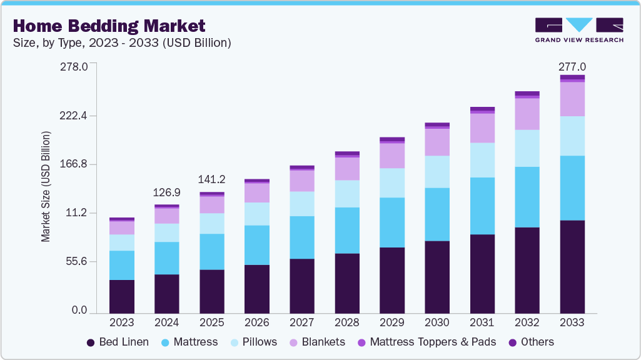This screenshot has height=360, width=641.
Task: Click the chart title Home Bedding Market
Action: (x=109, y=26)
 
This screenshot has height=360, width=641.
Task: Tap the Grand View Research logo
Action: (x=578, y=30)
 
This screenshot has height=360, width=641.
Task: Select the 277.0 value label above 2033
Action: (x=572, y=67)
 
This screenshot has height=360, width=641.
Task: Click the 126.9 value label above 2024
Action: (x=167, y=192)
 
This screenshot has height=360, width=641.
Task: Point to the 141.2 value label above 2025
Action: (x=212, y=179)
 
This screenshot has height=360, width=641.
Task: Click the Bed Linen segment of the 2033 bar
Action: (x=572, y=266)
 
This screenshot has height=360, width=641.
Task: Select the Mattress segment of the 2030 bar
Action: (x=437, y=214)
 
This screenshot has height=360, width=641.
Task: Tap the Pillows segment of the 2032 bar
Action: (x=527, y=148)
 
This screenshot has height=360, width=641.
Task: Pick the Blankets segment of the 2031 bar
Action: (x=482, y=127)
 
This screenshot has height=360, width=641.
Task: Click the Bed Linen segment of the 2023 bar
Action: (x=122, y=296)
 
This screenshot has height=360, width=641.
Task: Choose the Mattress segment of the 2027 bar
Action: (x=302, y=237)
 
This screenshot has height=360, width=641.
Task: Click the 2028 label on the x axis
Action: (x=347, y=323)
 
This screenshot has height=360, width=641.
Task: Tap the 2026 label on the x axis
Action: (x=257, y=323)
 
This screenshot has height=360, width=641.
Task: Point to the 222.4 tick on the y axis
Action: (x=74, y=116)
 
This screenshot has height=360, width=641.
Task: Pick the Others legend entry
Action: (x=532, y=342)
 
